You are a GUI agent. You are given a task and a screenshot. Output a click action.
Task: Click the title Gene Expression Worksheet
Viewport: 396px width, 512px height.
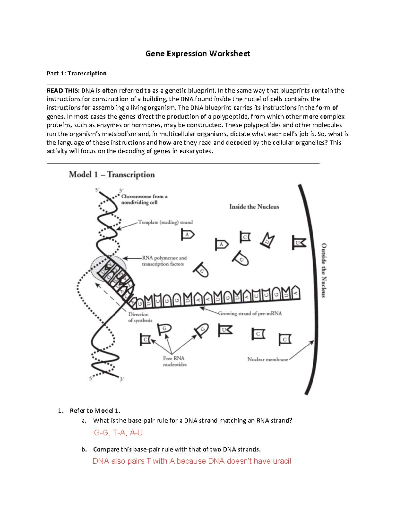click(x=198, y=54)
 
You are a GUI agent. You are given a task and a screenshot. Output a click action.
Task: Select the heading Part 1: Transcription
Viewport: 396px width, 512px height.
click(x=76, y=73)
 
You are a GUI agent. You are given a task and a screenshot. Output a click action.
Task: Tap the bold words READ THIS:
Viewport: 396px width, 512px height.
click(x=63, y=91)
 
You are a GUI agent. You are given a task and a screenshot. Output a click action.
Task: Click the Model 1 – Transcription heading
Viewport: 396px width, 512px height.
click(x=112, y=175)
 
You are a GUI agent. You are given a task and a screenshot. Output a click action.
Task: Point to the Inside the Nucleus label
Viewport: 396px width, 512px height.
click(x=254, y=207)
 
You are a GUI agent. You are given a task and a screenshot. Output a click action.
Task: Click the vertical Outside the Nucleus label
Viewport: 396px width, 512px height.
click(x=324, y=270)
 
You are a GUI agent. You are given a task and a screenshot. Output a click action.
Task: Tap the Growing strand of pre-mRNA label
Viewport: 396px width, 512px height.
click(x=250, y=313)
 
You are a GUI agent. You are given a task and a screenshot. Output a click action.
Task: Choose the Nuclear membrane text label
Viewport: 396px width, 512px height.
click(x=268, y=359)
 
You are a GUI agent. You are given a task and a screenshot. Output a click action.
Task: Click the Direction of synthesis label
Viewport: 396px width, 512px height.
click(x=140, y=317)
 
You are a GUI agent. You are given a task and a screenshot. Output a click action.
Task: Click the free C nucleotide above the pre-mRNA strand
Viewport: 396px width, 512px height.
click(x=245, y=237)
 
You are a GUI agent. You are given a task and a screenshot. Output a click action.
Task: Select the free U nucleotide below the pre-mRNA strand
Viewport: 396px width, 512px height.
click(x=225, y=330)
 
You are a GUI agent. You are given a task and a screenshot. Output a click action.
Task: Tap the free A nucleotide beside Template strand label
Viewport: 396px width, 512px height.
click(x=187, y=235)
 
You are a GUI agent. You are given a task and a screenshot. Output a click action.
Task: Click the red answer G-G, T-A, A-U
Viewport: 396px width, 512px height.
click(x=118, y=433)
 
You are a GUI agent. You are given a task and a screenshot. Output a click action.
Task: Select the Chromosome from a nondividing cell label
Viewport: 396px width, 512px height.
click(x=144, y=199)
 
